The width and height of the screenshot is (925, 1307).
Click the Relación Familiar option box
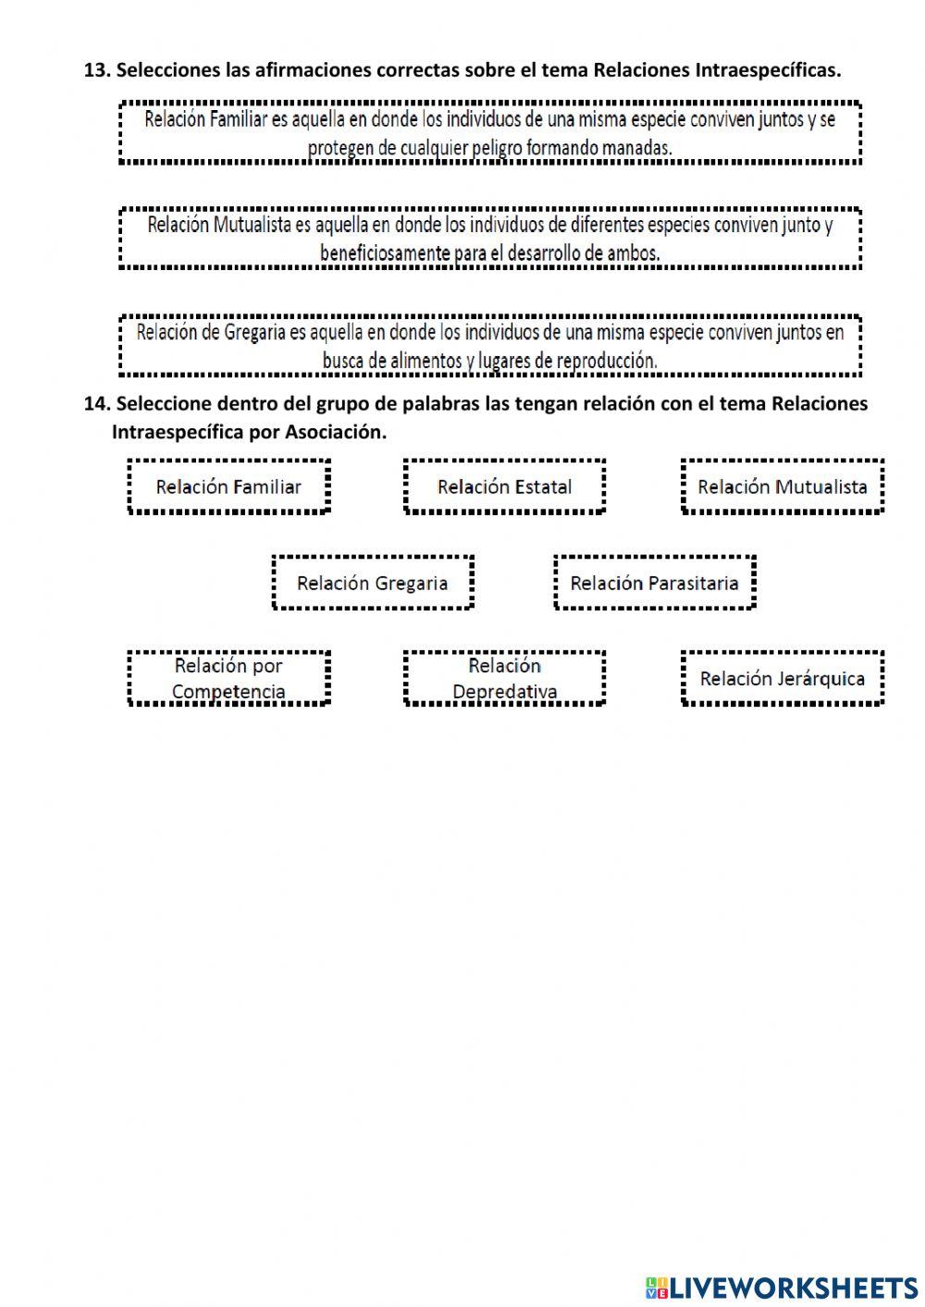[228, 487]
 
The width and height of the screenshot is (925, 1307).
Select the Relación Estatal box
[504, 487]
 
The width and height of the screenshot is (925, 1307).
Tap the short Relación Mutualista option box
[783, 487]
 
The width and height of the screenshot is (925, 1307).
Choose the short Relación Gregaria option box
[373, 583]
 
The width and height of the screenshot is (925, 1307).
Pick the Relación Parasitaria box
[654, 583]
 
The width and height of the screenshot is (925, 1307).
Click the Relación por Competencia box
[228, 678]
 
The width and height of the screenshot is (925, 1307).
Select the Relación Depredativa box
[504, 678]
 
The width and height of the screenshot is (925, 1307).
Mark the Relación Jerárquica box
[783, 678]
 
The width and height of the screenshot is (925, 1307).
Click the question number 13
[96, 70]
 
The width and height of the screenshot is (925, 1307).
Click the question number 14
[96, 404]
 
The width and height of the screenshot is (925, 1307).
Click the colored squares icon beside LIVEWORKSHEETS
[656, 1288]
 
